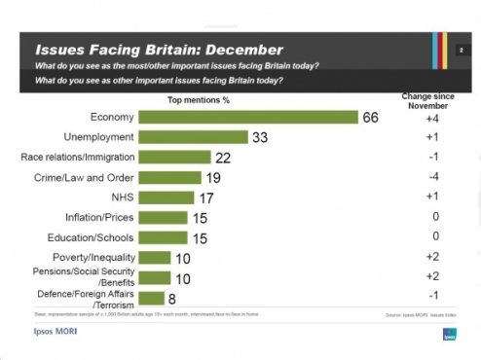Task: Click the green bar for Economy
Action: coord(249,117)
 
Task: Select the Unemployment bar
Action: coord(194,137)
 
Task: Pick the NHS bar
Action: coord(166,198)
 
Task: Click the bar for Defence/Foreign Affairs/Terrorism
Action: coord(151,300)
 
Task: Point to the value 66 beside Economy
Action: coord(371,117)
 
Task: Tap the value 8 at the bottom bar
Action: coord(172,300)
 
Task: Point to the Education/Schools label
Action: coord(91,237)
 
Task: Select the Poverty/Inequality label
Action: coord(91,258)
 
